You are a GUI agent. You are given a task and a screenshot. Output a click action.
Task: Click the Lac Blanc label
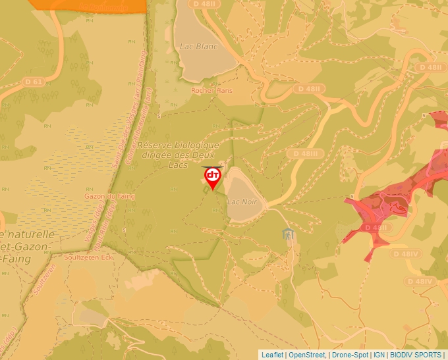(x=198, y=47)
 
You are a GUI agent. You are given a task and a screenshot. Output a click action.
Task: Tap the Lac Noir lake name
(x=242, y=201)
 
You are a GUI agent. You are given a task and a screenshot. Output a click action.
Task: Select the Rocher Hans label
(x=212, y=90)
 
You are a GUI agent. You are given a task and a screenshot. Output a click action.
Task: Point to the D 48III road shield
(x=306, y=153)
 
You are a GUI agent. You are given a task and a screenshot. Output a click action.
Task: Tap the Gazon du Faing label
(x=109, y=195)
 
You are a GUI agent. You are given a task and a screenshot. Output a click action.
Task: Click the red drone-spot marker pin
(x=213, y=177)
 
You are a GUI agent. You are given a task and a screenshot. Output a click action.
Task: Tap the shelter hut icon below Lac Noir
(x=288, y=234)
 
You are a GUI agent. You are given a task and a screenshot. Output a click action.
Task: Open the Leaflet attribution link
(x=272, y=355)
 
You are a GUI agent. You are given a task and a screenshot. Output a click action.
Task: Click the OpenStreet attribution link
(x=306, y=355)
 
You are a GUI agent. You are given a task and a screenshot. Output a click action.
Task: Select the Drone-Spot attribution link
(x=350, y=355)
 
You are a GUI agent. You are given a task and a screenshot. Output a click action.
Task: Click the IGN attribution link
(x=379, y=355)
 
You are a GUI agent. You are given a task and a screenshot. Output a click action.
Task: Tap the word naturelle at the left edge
(x=30, y=234)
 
